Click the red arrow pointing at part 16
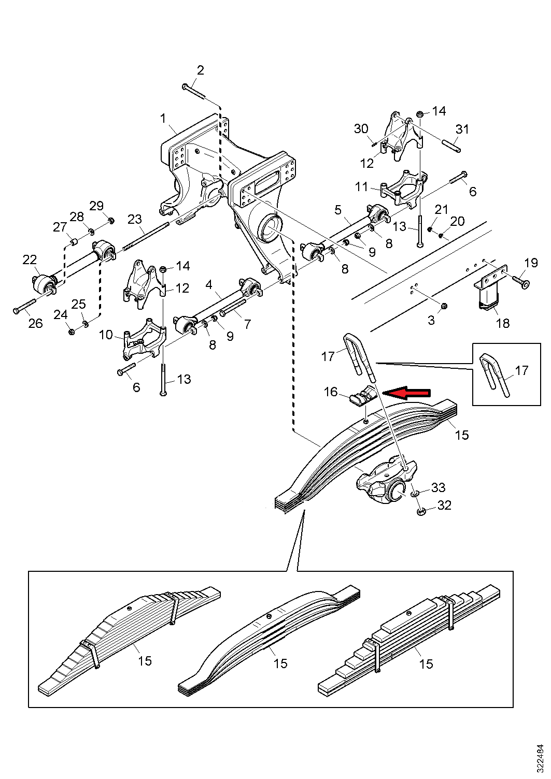coord(406,393)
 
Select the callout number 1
coord(163,118)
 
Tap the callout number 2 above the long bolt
coord(201,70)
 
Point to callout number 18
coord(503,323)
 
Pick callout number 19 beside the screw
coord(531,263)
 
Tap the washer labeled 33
coord(415,494)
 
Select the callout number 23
coord(135,219)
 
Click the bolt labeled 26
coord(24,306)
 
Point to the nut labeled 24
coord(70,332)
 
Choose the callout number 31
coord(462,129)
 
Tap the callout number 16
coord(331,392)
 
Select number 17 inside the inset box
coord(521,371)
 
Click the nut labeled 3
coord(444,306)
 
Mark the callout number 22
coord(30,259)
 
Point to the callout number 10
coord(106,335)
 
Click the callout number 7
coord(247,324)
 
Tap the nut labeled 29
coord(111,220)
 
